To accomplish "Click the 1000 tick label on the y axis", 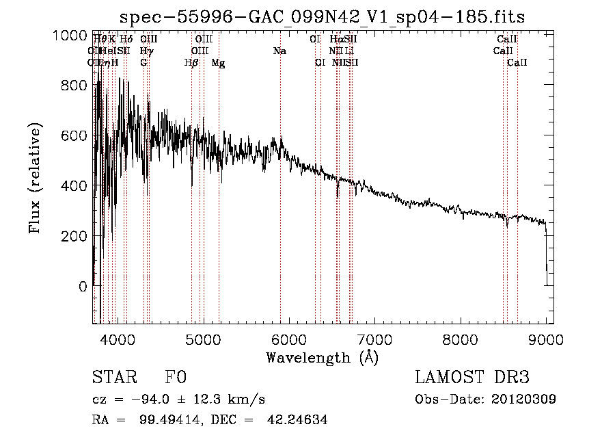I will click(70, 36).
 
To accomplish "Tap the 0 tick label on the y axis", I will click(83, 286).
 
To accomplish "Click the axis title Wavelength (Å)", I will click(322, 358).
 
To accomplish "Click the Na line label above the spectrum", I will click(279, 51).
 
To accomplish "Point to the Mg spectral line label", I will click(218, 63).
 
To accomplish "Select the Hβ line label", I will click(191, 63).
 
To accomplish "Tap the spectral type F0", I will click(175, 378).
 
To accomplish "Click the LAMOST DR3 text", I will click(472, 378).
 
